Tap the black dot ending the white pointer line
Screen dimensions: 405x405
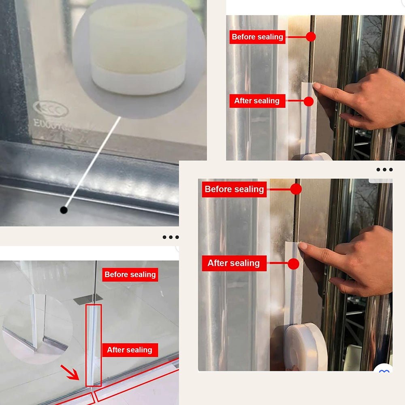tap(64, 210)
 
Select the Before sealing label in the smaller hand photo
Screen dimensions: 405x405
tap(257, 37)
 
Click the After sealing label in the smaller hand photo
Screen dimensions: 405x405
tap(257, 101)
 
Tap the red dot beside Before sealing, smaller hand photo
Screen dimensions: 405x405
tap(311, 37)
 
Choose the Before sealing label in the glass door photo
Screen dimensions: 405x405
tap(130, 275)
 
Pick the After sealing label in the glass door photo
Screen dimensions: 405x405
tap(130, 350)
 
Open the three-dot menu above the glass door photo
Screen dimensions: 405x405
tap(171, 237)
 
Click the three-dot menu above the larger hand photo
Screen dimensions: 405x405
tap(384, 170)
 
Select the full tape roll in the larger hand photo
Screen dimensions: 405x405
tap(305, 347)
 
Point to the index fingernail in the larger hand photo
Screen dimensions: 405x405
tap(303, 246)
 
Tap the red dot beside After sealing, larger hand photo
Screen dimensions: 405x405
tap(294, 264)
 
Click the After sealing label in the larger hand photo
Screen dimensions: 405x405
tap(234, 263)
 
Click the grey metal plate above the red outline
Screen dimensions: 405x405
tap(88, 299)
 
